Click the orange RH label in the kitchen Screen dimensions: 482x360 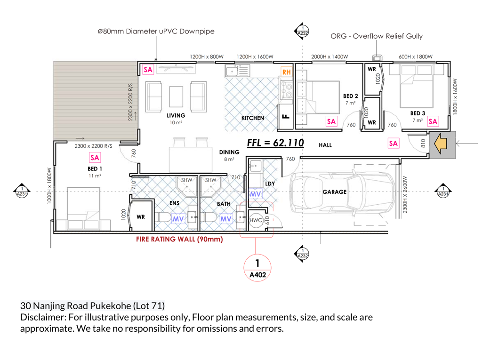pyautogui.click(x=286, y=72)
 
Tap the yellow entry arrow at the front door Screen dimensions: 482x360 pyautogui.click(x=440, y=143)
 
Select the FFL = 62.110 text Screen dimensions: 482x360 pyautogui.click(x=275, y=143)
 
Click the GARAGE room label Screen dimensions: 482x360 pyautogui.click(x=335, y=192)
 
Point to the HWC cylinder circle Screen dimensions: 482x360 pyautogui.click(x=256, y=220)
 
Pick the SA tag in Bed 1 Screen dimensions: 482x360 pyautogui.click(x=95, y=158)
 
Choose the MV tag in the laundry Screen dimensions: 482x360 pyautogui.click(x=255, y=194)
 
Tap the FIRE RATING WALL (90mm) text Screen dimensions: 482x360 pyautogui.click(x=179, y=239)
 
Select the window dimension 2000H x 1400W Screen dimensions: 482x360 pyautogui.click(x=329, y=56)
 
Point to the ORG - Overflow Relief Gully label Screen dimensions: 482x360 pyautogui.click(x=377, y=36)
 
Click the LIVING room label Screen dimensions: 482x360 pyautogui.click(x=176, y=116)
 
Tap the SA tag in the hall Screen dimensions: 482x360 pyautogui.click(x=393, y=143)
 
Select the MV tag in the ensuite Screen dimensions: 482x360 pyautogui.click(x=178, y=219)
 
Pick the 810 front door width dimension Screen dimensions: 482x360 pyautogui.click(x=423, y=143)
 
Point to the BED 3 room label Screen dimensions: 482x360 pyautogui.click(x=418, y=113)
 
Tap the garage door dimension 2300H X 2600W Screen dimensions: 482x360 pyautogui.click(x=404, y=195)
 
